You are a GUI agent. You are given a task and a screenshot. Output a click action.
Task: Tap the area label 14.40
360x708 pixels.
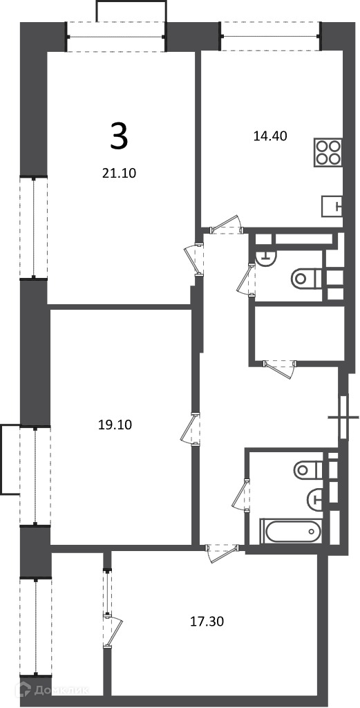(270, 136)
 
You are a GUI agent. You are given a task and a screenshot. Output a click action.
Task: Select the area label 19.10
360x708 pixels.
(115, 425)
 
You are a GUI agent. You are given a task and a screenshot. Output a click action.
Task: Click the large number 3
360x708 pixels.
(119, 138)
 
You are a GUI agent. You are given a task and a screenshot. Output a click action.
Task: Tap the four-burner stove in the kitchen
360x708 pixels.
(328, 153)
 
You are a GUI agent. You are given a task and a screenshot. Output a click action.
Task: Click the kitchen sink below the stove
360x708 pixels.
(332, 207)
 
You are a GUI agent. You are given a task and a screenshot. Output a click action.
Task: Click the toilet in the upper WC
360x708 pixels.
(306, 279)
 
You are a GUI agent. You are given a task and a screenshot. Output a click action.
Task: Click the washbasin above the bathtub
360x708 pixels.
(316, 499)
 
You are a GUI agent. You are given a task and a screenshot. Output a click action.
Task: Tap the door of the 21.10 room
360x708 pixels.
(194, 259)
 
